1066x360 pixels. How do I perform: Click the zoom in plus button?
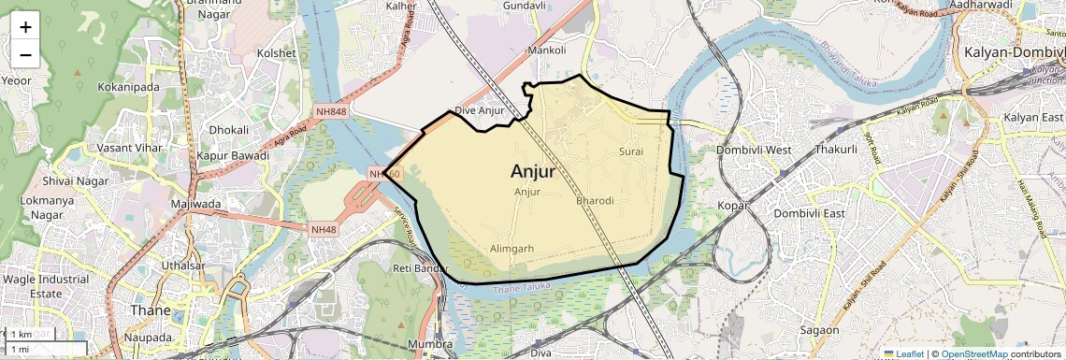(25, 27)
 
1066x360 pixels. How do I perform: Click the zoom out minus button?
(25, 55)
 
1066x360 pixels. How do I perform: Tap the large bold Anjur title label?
(533, 172)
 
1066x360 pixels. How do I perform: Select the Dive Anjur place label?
(479, 110)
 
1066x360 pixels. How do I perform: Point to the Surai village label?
(631, 151)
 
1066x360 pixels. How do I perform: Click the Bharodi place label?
(595, 201)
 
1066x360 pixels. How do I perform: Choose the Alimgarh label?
(511, 249)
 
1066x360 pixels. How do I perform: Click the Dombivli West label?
(754, 150)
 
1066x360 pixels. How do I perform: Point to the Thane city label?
(151, 310)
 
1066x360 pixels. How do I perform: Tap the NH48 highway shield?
(324, 229)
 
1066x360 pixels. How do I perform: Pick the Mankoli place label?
(547, 50)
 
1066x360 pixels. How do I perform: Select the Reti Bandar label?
(415, 269)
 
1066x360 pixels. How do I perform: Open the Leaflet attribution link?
(904, 353)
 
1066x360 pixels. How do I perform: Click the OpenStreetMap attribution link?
(973, 353)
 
